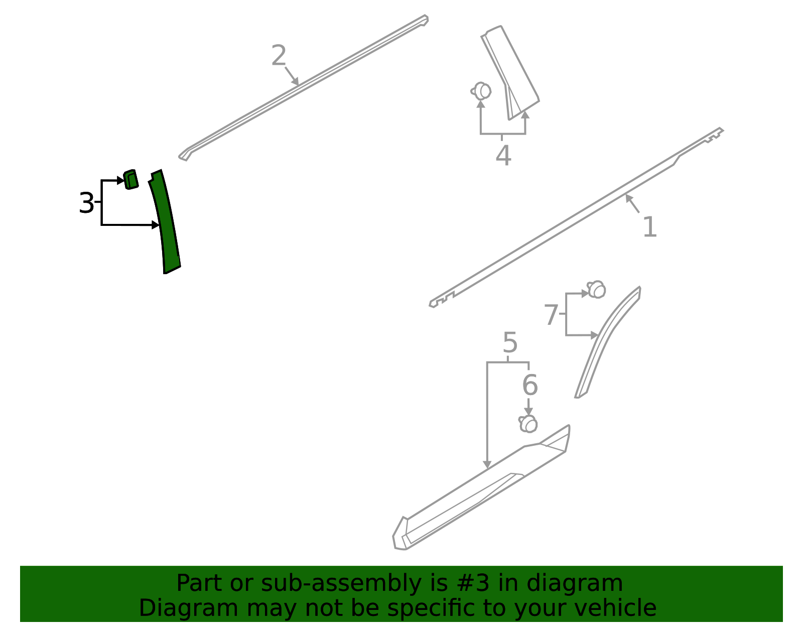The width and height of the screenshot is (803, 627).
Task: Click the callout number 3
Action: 86,203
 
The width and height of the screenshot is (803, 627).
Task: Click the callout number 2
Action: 279,55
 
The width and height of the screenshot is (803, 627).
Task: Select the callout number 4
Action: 503,156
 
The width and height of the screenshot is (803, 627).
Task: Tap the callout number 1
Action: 649,227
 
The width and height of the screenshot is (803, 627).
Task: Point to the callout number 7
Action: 551,315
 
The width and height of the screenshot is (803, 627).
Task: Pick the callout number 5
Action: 509,343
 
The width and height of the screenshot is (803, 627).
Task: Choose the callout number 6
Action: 529,386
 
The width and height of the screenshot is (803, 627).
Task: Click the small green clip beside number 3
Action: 130,180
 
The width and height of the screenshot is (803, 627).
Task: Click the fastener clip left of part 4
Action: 481,91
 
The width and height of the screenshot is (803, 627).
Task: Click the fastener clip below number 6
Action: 528,424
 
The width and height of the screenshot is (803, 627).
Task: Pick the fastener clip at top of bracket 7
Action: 597,290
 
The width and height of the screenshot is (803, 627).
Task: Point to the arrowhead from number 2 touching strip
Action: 297,82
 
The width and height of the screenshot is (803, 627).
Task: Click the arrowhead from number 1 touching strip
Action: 628,197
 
